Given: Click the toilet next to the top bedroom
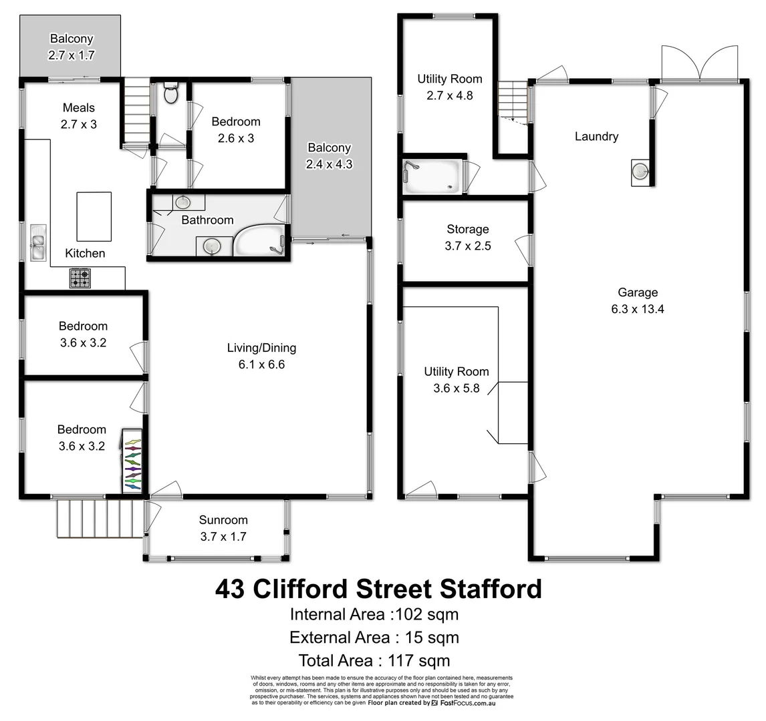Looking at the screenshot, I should [x=170, y=93].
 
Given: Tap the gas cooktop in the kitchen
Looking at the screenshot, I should [x=80, y=278].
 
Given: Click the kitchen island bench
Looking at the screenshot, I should [x=94, y=216].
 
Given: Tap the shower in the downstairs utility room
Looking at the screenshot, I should [x=432, y=176].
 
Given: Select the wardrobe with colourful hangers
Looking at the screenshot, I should [x=132, y=461].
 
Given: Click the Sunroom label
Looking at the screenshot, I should [x=223, y=520].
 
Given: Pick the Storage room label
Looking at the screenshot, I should [x=467, y=229].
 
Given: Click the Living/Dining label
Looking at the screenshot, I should [x=261, y=348].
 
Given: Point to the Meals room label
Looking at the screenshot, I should [x=79, y=107].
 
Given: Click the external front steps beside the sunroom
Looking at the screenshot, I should [x=100, y=519].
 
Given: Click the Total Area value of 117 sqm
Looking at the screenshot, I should [x=414, y=661].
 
